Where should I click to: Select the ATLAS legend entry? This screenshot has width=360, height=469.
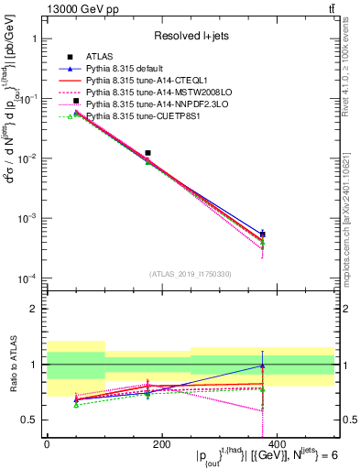[x=104, y=57]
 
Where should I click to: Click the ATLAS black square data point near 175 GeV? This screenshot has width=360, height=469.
[x=148, y=153]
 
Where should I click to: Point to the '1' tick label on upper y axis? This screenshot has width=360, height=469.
[x=34, y=40]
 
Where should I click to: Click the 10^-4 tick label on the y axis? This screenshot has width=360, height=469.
[x=27, y=278]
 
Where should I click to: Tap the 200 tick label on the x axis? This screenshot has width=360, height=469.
[x=161, y=442]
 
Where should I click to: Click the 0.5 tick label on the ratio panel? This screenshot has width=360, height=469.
[x=30, y=420]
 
